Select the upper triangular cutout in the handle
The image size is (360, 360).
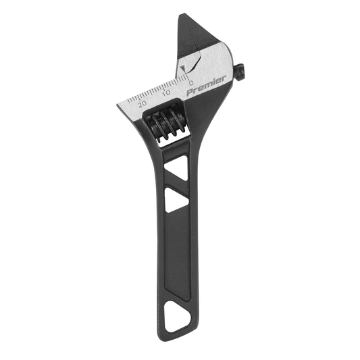177,171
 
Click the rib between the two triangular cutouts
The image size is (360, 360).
174,186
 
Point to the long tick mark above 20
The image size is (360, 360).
137,97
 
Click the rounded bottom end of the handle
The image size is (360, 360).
178,332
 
